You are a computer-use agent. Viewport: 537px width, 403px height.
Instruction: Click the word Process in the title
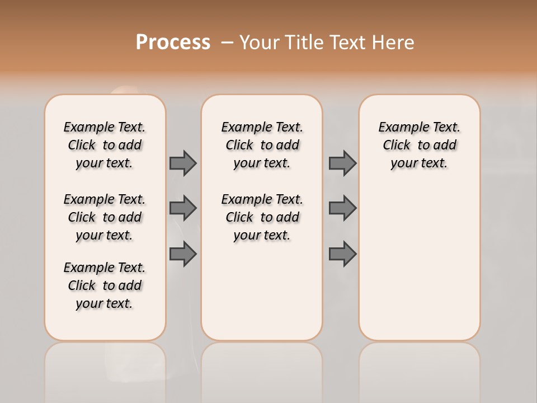pyautogui.click(x=173, y=43)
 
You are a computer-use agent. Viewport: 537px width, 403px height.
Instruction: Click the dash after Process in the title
pyautogui.click(x=227, y=43)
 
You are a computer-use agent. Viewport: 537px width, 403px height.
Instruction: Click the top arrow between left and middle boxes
pyautogui.click(x=183, y=163)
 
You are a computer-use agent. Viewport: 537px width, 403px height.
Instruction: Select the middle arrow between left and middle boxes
pyautogui.click(x=183, y=208)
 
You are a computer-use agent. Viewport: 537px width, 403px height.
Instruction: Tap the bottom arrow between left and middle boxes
pyautogui.click(x=183, y=254)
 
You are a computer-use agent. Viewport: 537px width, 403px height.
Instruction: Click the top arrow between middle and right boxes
pyautogui.click(x=342, y=163)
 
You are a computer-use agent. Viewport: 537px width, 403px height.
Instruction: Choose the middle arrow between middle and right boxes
pyautogui.click(x=342, y=208)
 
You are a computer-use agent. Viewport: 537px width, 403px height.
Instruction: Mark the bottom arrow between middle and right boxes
pyautogui.click(x=342, y=254)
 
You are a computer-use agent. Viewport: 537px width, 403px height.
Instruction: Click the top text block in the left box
pyautogui.click(x=105, y=145)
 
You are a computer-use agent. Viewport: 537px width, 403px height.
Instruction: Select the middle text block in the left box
pyautogui.click(x=105, y=217)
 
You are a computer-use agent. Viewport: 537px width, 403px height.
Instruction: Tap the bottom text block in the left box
pyautogui.click(x=105, y=285)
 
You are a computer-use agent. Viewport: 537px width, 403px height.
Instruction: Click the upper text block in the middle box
pyautogui.click(x=262, y=145)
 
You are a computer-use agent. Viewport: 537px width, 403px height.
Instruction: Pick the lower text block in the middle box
pyautogui.click(x=262, y=217)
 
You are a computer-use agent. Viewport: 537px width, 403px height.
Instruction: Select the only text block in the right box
pyautogui.click(x=420, y=145)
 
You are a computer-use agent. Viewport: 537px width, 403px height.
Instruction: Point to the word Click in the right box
pyautogui.click(x=397, y=146)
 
